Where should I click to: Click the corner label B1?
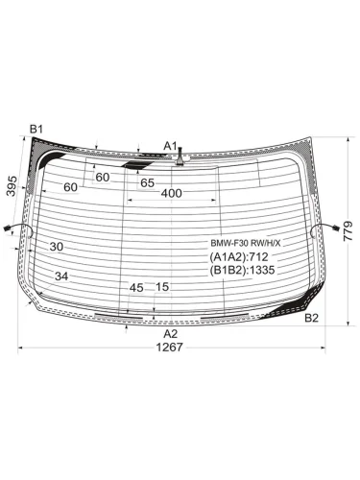(x=36, y=130)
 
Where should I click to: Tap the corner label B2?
(x=311, y=318)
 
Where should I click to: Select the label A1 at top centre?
(x=170, y=146)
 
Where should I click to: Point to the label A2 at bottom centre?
(x=170, y=334)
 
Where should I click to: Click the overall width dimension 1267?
(x=169, y=347)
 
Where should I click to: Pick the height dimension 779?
(x=348, y=230)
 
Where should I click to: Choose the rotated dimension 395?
(x=12, y=186)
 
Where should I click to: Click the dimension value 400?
(x=172, y=193)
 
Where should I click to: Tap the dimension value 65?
(x=148, y=183)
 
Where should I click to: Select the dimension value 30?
(x=57, y=247)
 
